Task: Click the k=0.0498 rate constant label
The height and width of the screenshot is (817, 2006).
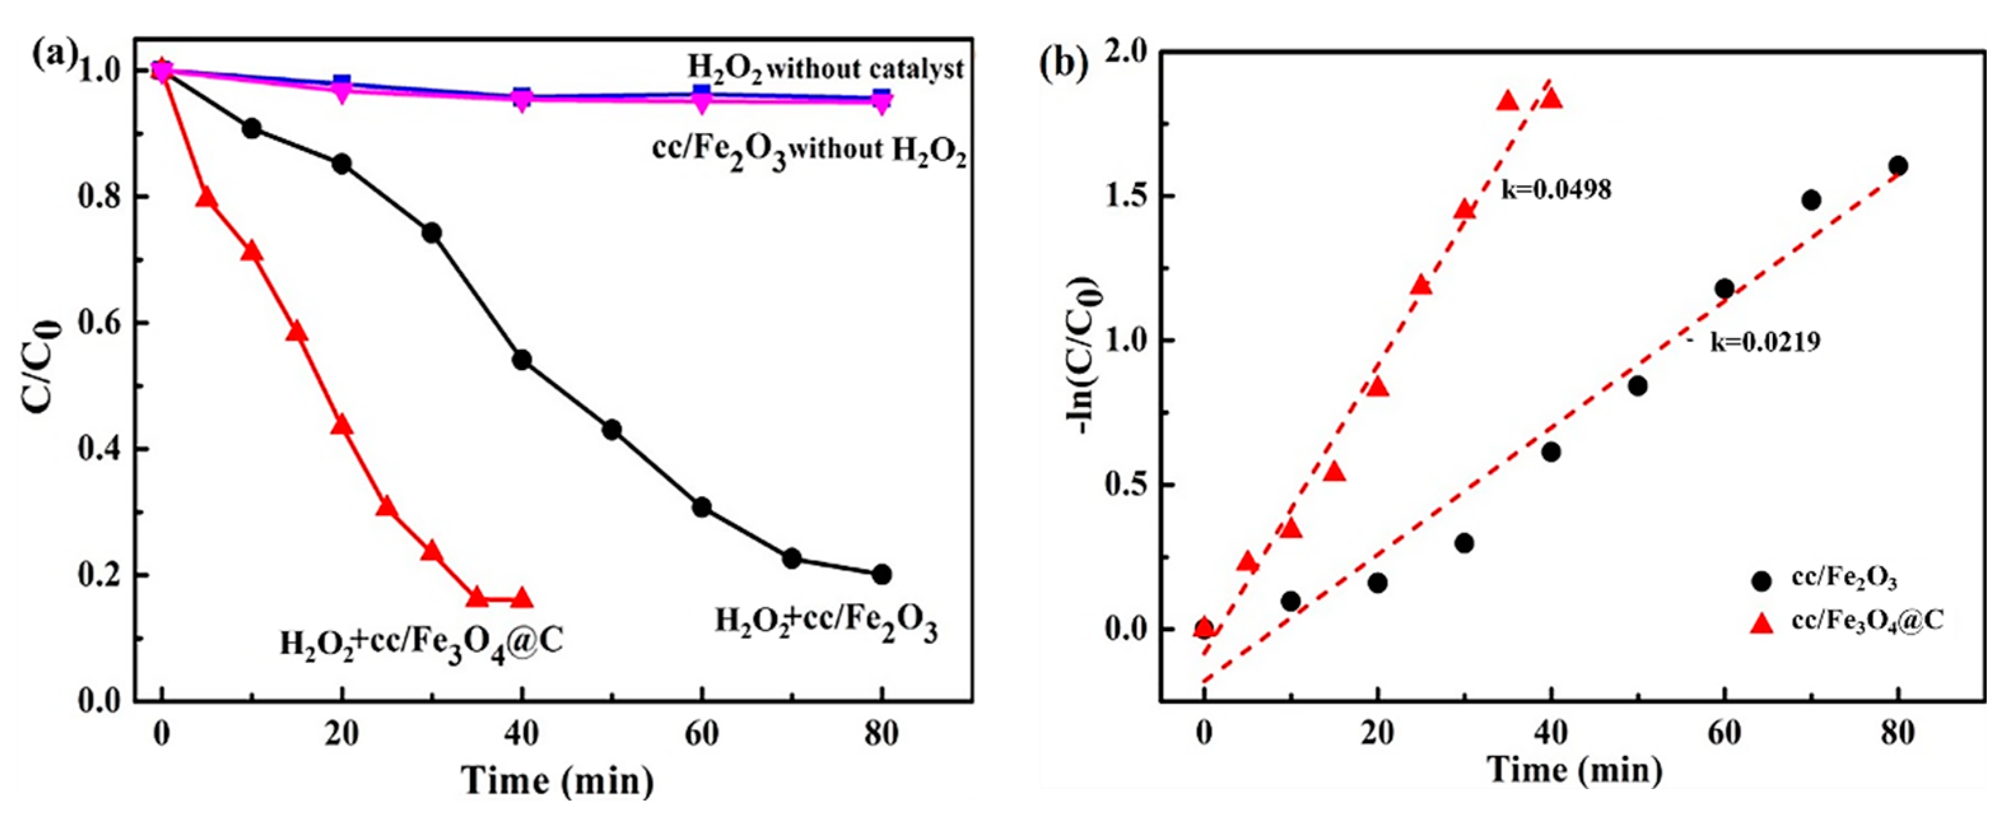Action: tap(1556, 190)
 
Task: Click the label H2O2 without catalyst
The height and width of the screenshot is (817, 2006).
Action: tap(826, 69)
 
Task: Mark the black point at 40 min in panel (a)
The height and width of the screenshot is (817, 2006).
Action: tap(522, 360)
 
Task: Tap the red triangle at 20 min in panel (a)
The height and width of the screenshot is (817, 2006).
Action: tap(342, 426)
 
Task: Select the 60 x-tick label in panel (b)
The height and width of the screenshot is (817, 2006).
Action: tap(1724, 734)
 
